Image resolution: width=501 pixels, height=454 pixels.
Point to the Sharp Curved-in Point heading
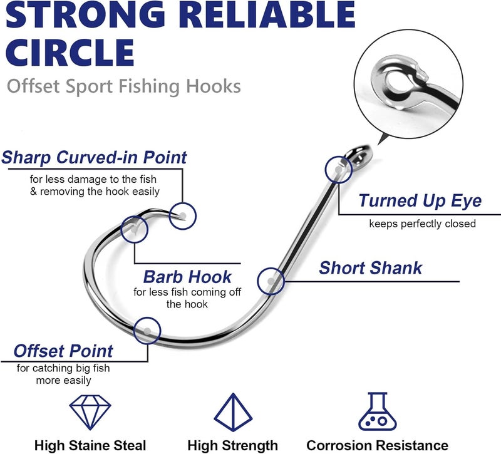[94, 157]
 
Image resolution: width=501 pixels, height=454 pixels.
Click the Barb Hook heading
[187, 276]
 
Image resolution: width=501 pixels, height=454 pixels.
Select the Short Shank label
[371, 268]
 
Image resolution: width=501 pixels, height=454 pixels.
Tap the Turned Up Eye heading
[420, 200]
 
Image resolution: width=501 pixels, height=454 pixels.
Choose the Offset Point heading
[63, 350]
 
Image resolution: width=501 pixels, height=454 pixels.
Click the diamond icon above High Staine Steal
[90, 411]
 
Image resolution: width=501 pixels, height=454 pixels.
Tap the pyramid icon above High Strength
[233, 411]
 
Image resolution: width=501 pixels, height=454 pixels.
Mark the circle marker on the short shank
[271, 281]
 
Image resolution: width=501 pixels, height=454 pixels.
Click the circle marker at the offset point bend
[148, 329]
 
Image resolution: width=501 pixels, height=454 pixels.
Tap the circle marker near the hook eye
[339, 168]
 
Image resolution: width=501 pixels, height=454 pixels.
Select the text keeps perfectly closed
[422, 224]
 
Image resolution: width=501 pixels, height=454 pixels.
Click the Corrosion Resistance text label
[377, 445]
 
